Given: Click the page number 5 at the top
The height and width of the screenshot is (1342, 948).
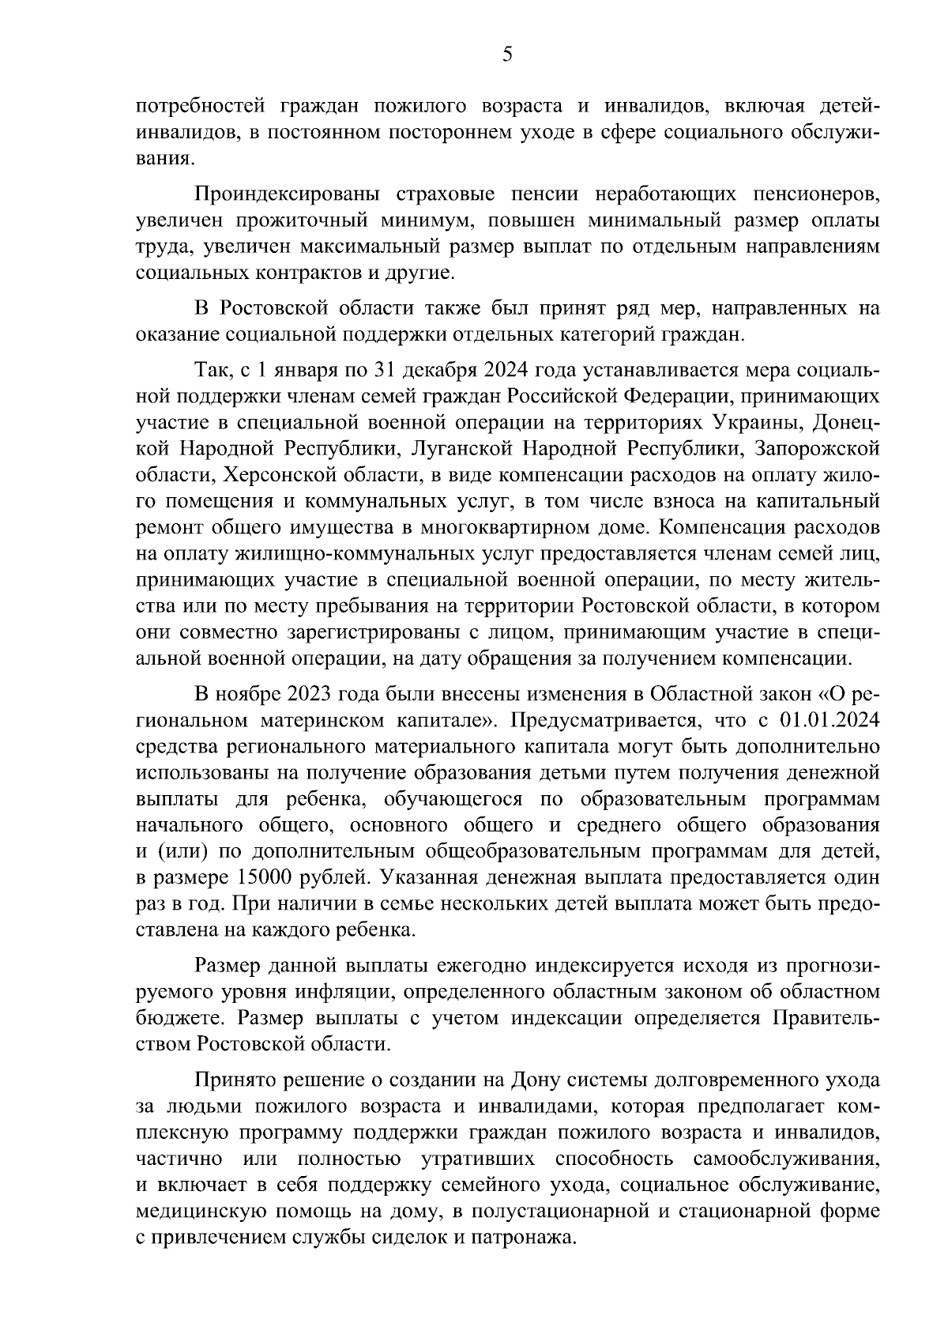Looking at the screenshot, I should pos(507,54).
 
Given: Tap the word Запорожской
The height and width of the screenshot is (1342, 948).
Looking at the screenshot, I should pos(816,449).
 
